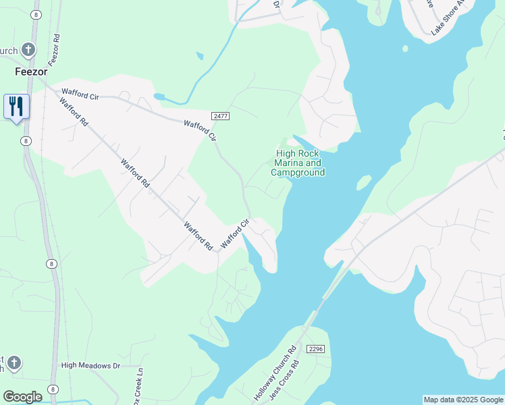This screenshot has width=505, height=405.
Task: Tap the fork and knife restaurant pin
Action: (x=16, y=107)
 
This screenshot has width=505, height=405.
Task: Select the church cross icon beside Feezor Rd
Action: (x=28, y=49)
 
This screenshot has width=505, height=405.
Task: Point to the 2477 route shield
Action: (x=220, y=116)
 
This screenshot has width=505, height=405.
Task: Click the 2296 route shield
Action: (x=315, y=348)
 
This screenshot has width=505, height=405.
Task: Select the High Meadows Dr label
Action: (x=90, y=366)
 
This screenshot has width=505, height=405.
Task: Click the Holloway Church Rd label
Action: (x=274, y=374)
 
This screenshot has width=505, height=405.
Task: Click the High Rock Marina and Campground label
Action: (x=298, y=163)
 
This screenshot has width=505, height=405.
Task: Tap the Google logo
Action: (x=22, y=396)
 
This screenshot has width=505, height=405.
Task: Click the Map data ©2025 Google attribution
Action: (x=463, y=400)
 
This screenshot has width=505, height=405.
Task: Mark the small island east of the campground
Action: (x=364, y=182)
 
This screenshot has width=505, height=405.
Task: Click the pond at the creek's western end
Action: (x=159, y=97)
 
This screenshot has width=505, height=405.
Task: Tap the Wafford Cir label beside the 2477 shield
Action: (x=201, y=129)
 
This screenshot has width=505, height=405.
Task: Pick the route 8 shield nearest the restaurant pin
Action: (x=25, y=140)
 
